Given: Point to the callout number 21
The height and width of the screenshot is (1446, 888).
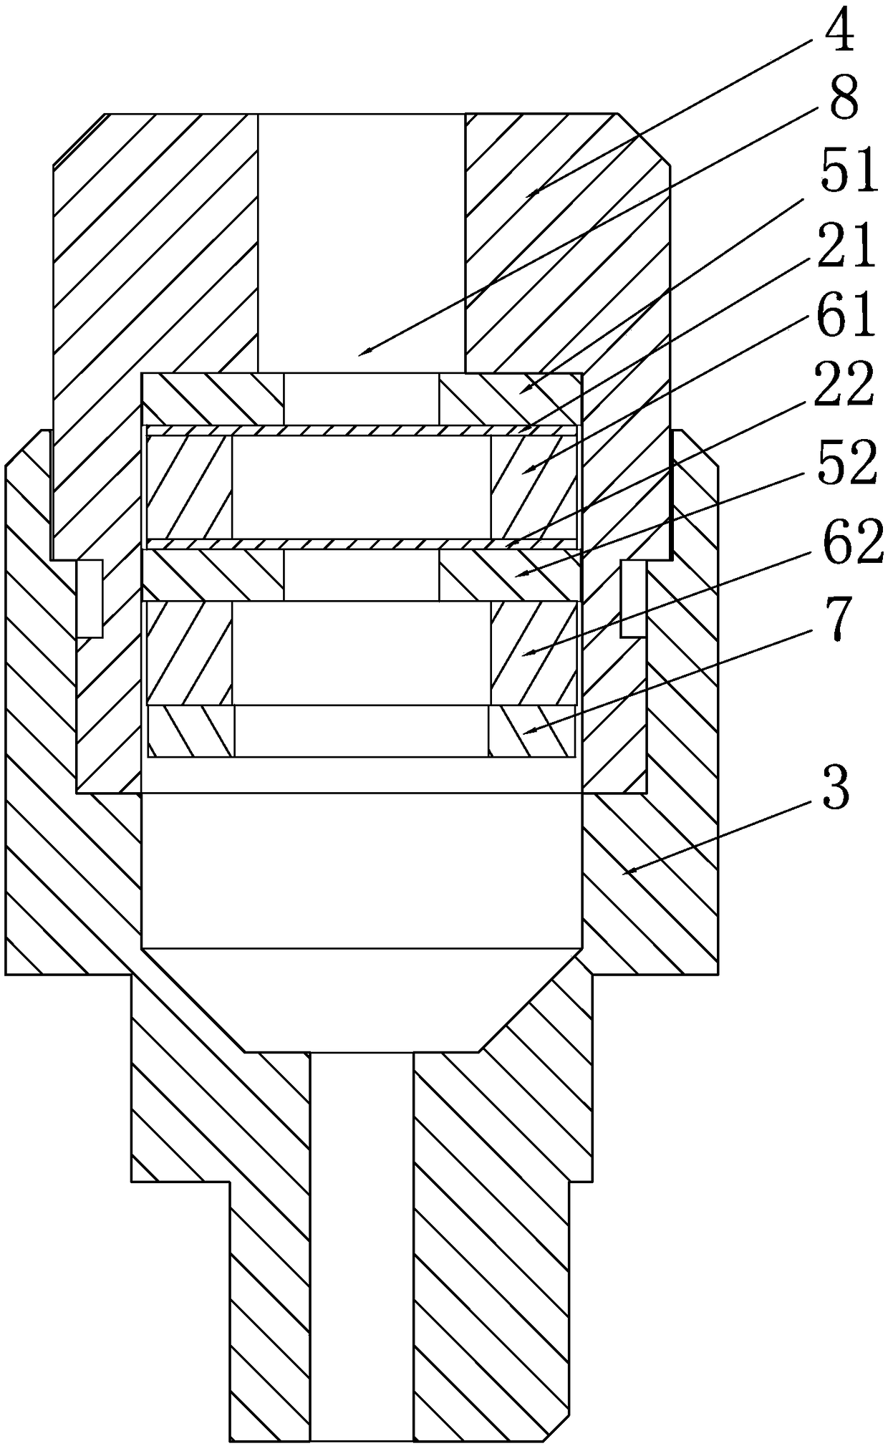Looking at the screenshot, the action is tap(849, 246).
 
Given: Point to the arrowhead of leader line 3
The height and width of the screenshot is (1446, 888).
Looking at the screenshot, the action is tap(622, 872).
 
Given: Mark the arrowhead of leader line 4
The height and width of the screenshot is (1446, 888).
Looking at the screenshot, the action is tap(527, 196).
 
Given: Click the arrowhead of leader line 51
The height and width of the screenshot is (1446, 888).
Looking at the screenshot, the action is tap(521, 390).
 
